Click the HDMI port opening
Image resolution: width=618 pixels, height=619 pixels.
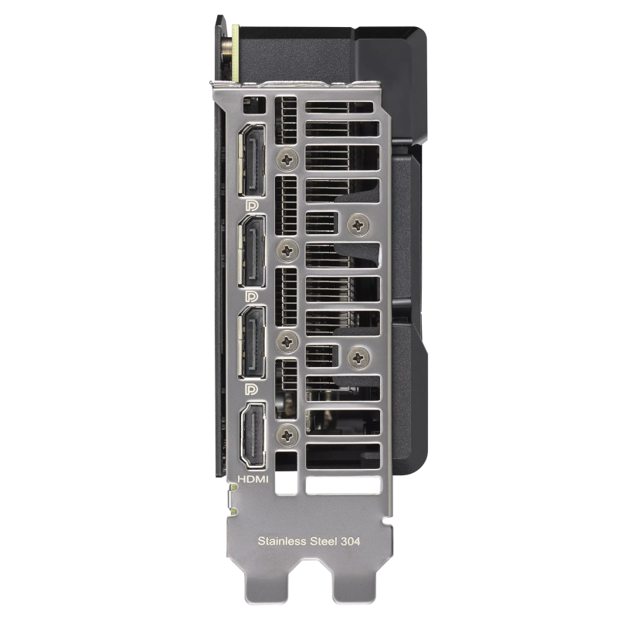click(x=253, y=436)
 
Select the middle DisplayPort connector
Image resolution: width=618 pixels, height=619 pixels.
click(x=252, y=251)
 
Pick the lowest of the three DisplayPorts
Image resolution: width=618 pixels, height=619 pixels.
click(x=252, y=342)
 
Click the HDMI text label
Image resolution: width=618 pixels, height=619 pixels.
click(x=253, y=479)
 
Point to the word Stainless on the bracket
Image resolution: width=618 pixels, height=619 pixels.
click(x=282, y=541)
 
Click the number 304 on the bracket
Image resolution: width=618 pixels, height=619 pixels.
click(x=351, y=541)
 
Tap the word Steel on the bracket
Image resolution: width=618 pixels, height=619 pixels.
click(x=324, y=541)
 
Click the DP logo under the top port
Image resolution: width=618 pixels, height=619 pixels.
click(x=251, y=206)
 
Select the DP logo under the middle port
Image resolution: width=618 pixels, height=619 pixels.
click(x=251, y=297)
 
